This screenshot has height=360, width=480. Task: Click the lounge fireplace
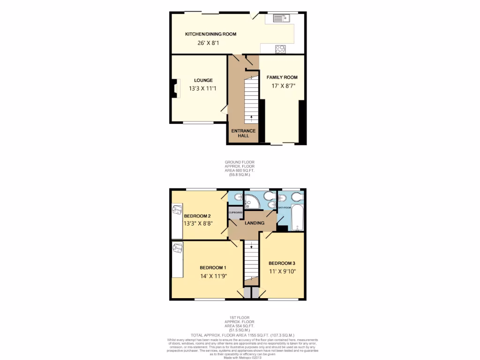point(175,88)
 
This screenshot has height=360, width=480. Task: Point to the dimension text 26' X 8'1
point(209,43)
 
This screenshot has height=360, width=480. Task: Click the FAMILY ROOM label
point(282,77)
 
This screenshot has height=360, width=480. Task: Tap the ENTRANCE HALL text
point(243,133)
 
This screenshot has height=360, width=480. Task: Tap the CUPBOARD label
point(235,213)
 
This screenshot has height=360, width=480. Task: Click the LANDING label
point(255,223)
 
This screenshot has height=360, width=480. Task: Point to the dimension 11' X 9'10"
point(282,271)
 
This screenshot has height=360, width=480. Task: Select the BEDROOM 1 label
point(209,267)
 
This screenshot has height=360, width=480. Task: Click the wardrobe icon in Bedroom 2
point(177,210)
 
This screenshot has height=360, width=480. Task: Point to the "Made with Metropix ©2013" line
point(242,357)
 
